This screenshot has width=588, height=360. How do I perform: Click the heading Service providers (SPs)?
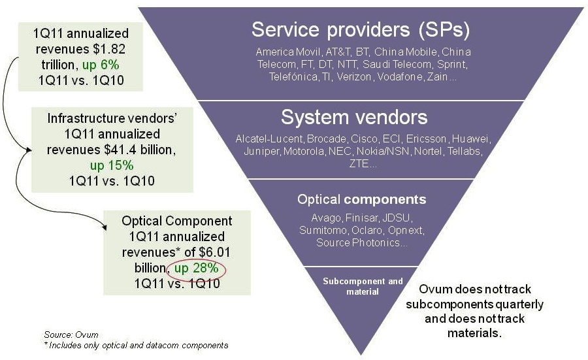coord(361,29)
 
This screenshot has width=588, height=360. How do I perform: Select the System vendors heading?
coord(354,118)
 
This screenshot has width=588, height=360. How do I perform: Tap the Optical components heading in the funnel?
coord(361,199)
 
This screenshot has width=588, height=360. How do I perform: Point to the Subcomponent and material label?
coord(363,286)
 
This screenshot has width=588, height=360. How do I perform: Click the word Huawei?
coord(470,140)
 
